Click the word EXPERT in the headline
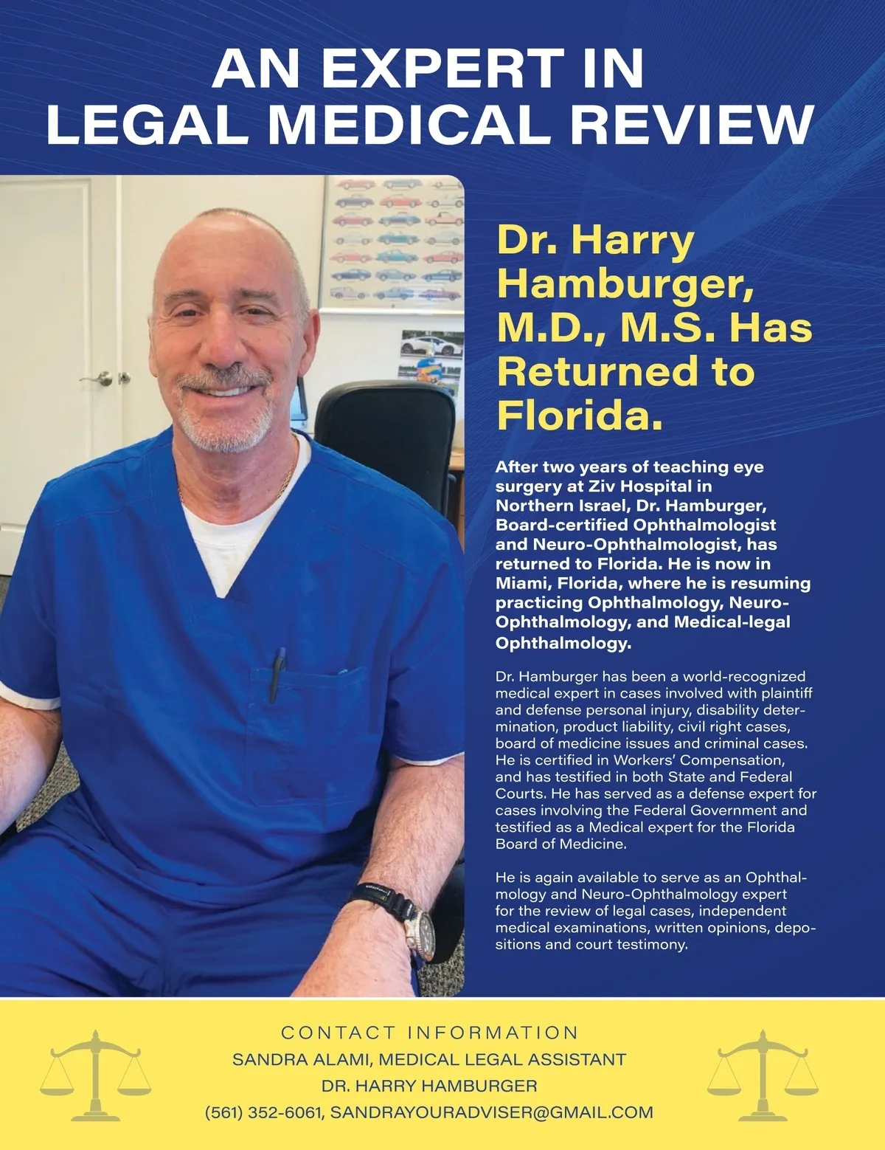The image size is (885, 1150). tap(442, 68)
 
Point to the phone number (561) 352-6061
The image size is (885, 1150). tap(264, 1112)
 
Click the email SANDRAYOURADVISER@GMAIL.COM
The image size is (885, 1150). tap(491, 1112)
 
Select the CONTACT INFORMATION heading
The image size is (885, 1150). tap(430, 1032)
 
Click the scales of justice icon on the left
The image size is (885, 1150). tap(95, 1075)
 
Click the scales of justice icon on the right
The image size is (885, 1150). tap(763, 1075)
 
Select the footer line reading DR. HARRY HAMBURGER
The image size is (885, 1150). tap(429, 1086)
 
